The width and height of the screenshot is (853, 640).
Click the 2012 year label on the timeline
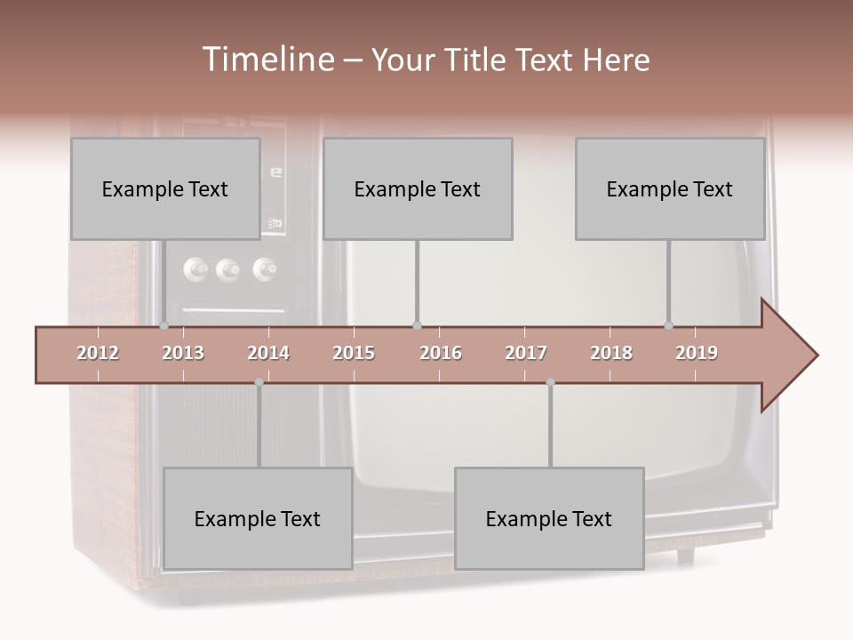pyautogui.click(x=98, y=353)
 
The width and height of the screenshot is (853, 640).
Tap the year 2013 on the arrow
pyautogui.click(x=183, y=353)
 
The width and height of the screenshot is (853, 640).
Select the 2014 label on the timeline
pyautogui.click(x=268, y=353)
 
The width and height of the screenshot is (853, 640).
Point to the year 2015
pyautogui.click(x=354, y=353)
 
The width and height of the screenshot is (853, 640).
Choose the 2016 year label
pyautogui.click(x=441, y=353)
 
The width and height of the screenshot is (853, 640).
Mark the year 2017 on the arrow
pyautogui.click(x=526, y=353)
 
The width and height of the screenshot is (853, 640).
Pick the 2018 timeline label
pyautogui.click(x=611, y=353)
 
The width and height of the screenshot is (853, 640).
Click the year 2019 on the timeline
pyautogui.click(x=697, y=353)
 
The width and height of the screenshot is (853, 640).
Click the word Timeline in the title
pyautogui.click(x=266, y=60)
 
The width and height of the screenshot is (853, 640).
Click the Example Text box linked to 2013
pyautogui.click(x=165, y=188)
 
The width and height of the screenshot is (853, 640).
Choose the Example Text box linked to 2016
pyautogui.click(x=418, y=188)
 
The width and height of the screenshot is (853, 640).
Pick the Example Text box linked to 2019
pyautogui.click(x=670, y=188)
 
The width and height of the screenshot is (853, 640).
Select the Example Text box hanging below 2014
pyautogui.click(x=258, y=518)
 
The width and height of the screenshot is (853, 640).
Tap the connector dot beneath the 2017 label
pyautogui.click(x=550, y=382)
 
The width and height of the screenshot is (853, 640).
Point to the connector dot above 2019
pyautogui.click(x=669, y=325)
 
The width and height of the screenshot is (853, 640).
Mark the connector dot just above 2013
pyautogui.click(x=164, y=325)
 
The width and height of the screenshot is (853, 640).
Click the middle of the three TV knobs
pyautogui.click(x=228, y=268)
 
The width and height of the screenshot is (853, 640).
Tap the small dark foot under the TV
pyautogui.click(x=685, y=556)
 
